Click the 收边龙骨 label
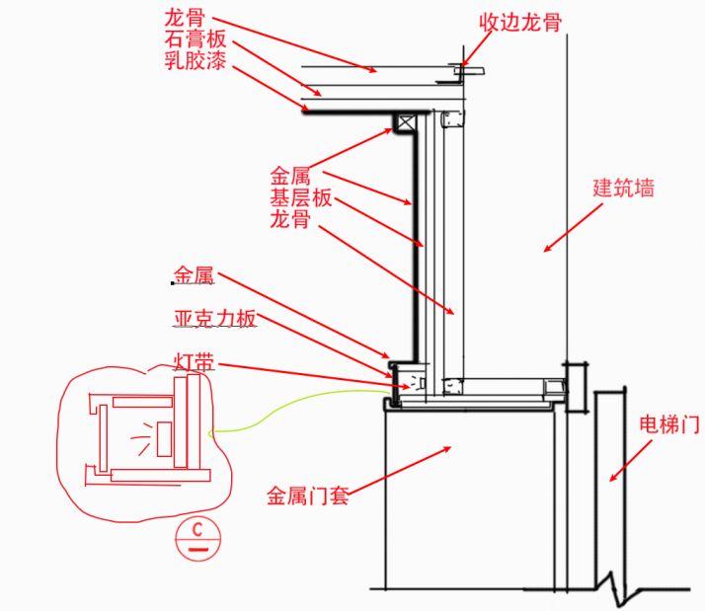tap(520, 22)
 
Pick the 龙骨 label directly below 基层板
tap(289, 219)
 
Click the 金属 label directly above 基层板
tap(290, 178)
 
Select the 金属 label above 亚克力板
tap(195, 275)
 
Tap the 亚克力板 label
tap(215, 318)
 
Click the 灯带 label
tap(194, 361)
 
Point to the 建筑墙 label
tap(623, 188)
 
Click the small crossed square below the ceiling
tap(403, 122)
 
